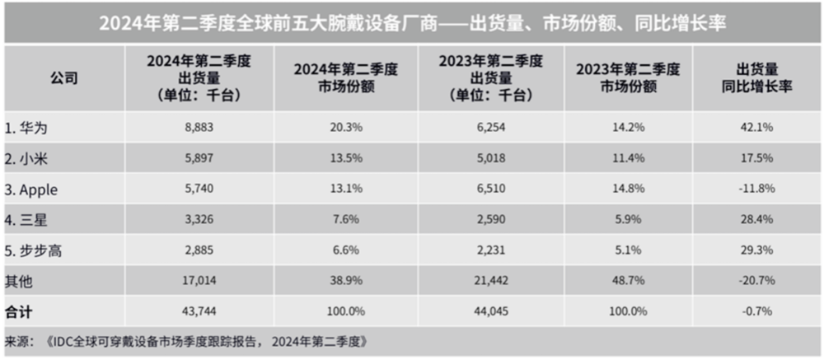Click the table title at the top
tap(412, 22)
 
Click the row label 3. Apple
tap(34, 189)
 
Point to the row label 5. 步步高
tap(33, 250)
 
